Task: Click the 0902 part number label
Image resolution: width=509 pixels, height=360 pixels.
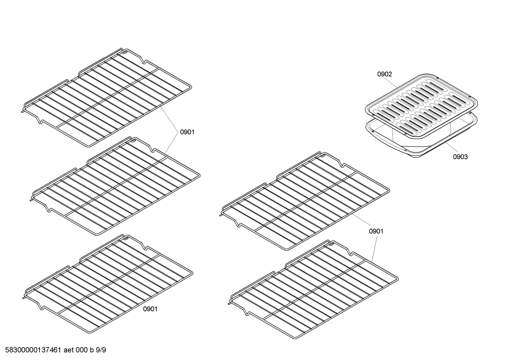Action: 384,74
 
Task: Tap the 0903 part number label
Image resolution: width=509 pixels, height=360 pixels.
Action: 460,157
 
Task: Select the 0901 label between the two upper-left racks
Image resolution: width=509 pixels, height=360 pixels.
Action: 187,132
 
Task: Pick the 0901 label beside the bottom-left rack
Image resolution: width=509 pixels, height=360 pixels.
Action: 150,309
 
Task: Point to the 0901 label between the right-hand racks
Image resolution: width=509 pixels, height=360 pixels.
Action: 376,231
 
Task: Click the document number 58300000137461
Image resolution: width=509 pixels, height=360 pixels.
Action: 31,350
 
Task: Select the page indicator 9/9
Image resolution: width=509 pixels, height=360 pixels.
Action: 101,350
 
